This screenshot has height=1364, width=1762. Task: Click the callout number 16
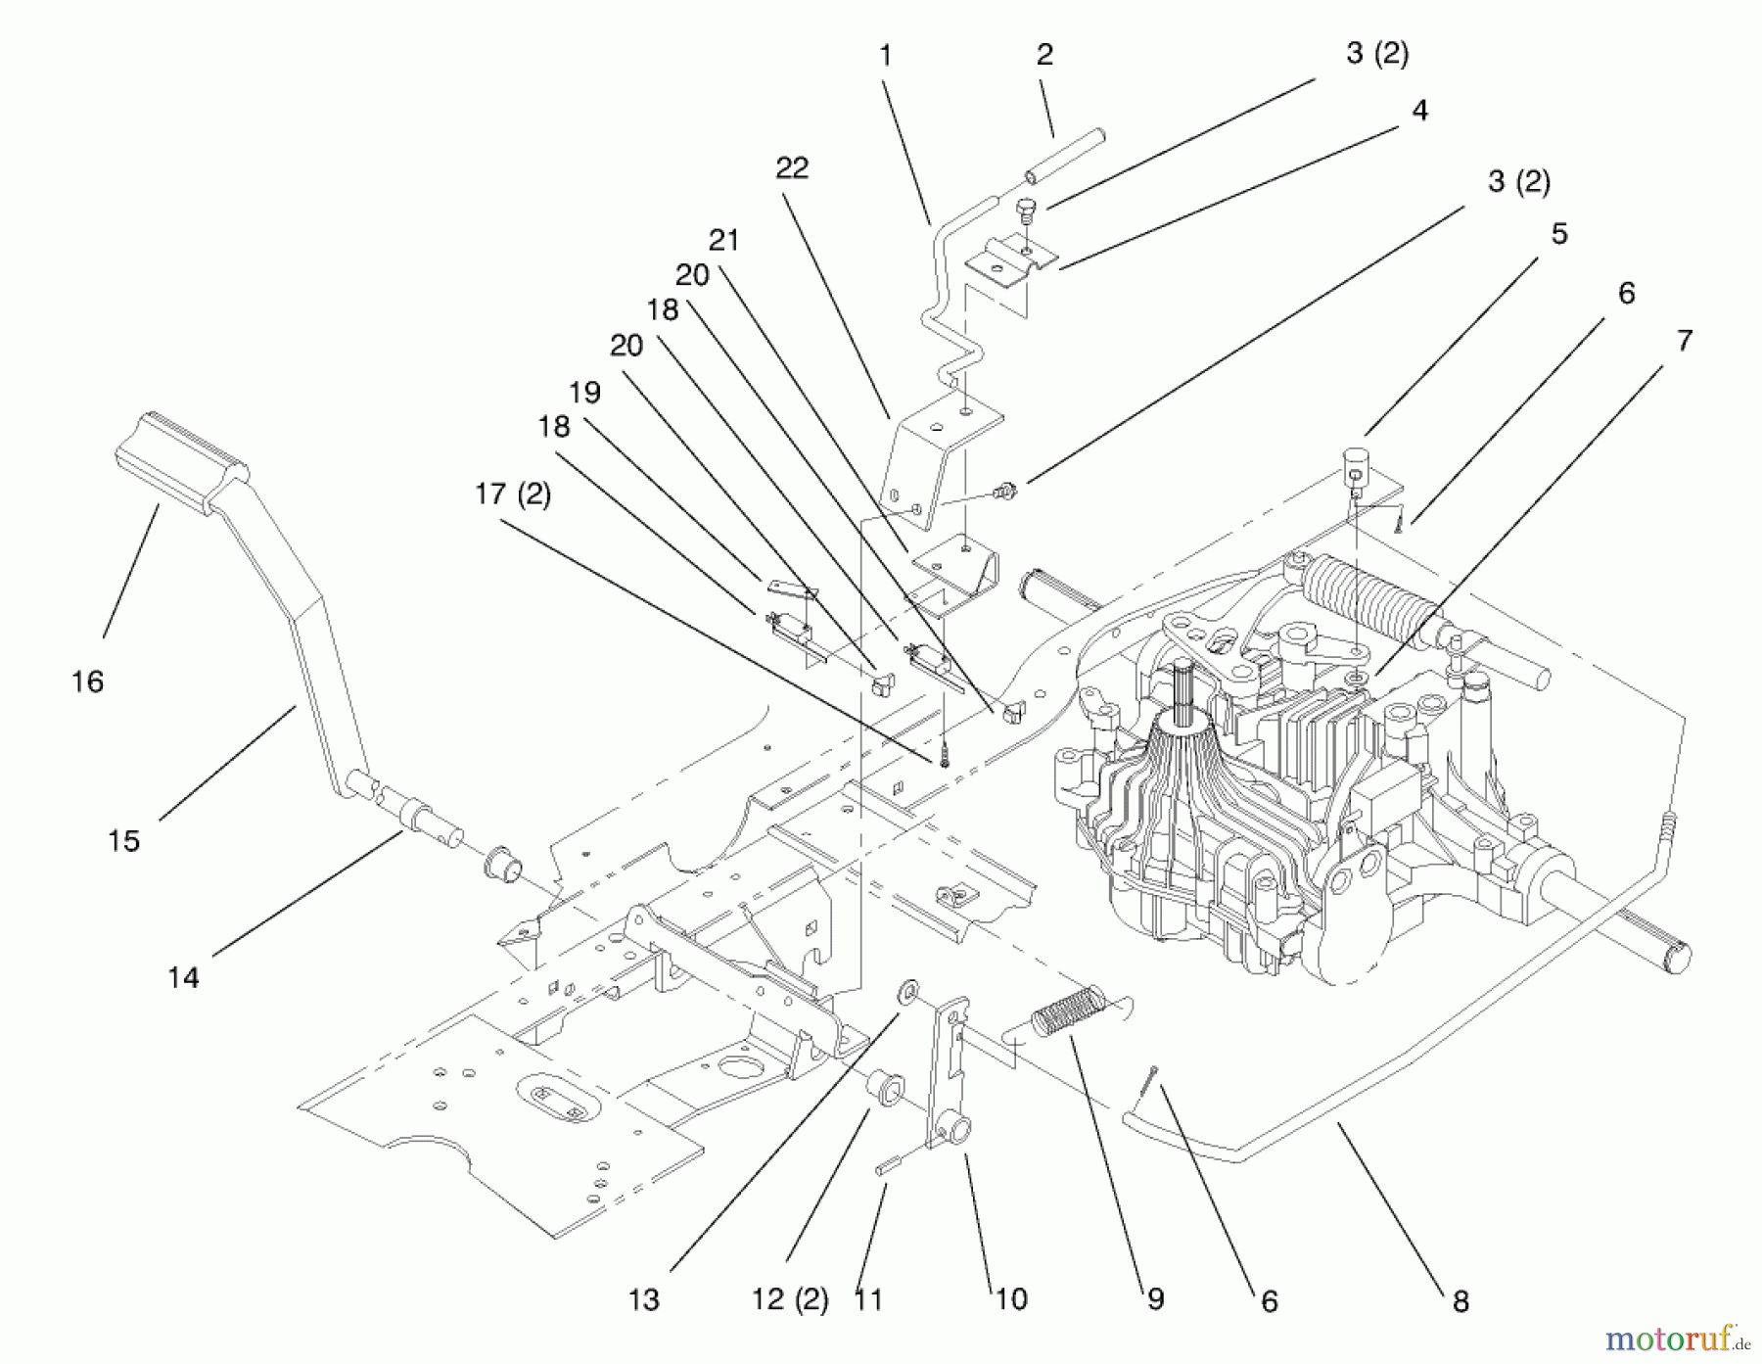click(x=87, y=682)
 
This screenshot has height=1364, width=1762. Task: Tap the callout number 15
click(x=124, y=841)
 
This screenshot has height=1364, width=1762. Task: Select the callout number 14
click(x=183, y=977)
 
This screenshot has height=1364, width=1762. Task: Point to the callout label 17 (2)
click(x=513, y=494)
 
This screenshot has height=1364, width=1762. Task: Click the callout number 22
click(x=792, y=168)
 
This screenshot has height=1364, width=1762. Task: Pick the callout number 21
click(x=723, y=240)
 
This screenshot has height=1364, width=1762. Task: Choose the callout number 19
click(x=584, y=393)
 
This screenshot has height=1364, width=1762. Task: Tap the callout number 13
click(x=644, y=1300)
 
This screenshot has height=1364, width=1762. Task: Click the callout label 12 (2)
click(x=790, y=1300)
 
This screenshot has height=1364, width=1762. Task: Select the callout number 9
click(x=1156, y=1300)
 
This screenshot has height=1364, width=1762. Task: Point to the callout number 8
click(x=1461, y=1301)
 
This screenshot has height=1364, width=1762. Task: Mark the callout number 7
click(x=1685, y=341)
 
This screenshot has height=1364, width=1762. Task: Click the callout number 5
click(x=1559, y=234)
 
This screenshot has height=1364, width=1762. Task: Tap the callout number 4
click(x=1419, y=111)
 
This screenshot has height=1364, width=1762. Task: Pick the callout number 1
click(x=885, y=56)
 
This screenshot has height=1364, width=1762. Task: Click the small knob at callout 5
click(x=1357, y=458)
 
